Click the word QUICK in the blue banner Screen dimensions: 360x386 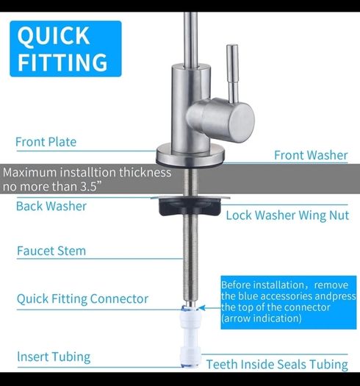[54, 36]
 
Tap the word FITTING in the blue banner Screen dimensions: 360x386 [62, 62]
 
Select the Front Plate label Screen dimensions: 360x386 [46, 142]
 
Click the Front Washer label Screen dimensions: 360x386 [311, 155]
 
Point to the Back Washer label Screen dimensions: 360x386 [51, 206]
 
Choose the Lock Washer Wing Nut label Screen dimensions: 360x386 [287, 215]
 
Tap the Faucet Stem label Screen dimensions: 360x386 [51, 251]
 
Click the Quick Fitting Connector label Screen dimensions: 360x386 [83, 299]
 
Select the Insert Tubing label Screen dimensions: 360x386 [54, 357]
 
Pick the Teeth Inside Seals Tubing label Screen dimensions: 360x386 [277, 365]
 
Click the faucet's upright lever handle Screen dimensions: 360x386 [232, 74]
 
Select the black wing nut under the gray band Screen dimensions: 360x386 [190, 207]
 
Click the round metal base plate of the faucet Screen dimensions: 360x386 [190, 155]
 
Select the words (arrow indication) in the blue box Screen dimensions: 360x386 [262, 318]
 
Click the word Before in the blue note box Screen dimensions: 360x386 [237, 285]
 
